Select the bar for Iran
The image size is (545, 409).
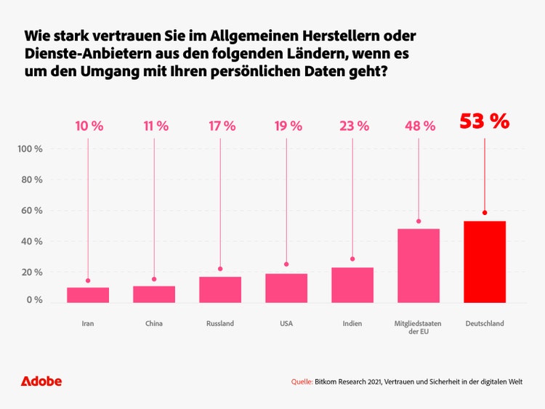pos(88,295)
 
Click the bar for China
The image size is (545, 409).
pos(154,294)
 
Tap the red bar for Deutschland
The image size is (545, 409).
pos(485,262)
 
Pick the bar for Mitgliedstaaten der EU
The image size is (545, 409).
pos(419,265)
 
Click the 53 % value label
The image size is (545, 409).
pos(485,121)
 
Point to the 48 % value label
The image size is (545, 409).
pos(419,126)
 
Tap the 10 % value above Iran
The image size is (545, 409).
pos(89,126)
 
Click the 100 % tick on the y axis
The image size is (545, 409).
pos(30,149)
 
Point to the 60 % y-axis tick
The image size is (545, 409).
pos(32,211)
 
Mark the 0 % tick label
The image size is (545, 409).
pos(34,300)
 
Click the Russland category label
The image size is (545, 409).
pos(220,323)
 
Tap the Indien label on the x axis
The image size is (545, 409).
pos(352,323)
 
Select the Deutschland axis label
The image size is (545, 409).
pos(485,323)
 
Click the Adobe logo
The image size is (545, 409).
pos(41,381)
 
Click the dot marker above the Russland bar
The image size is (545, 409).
pos(220,269)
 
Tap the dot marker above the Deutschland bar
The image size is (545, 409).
pos(485,213)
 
